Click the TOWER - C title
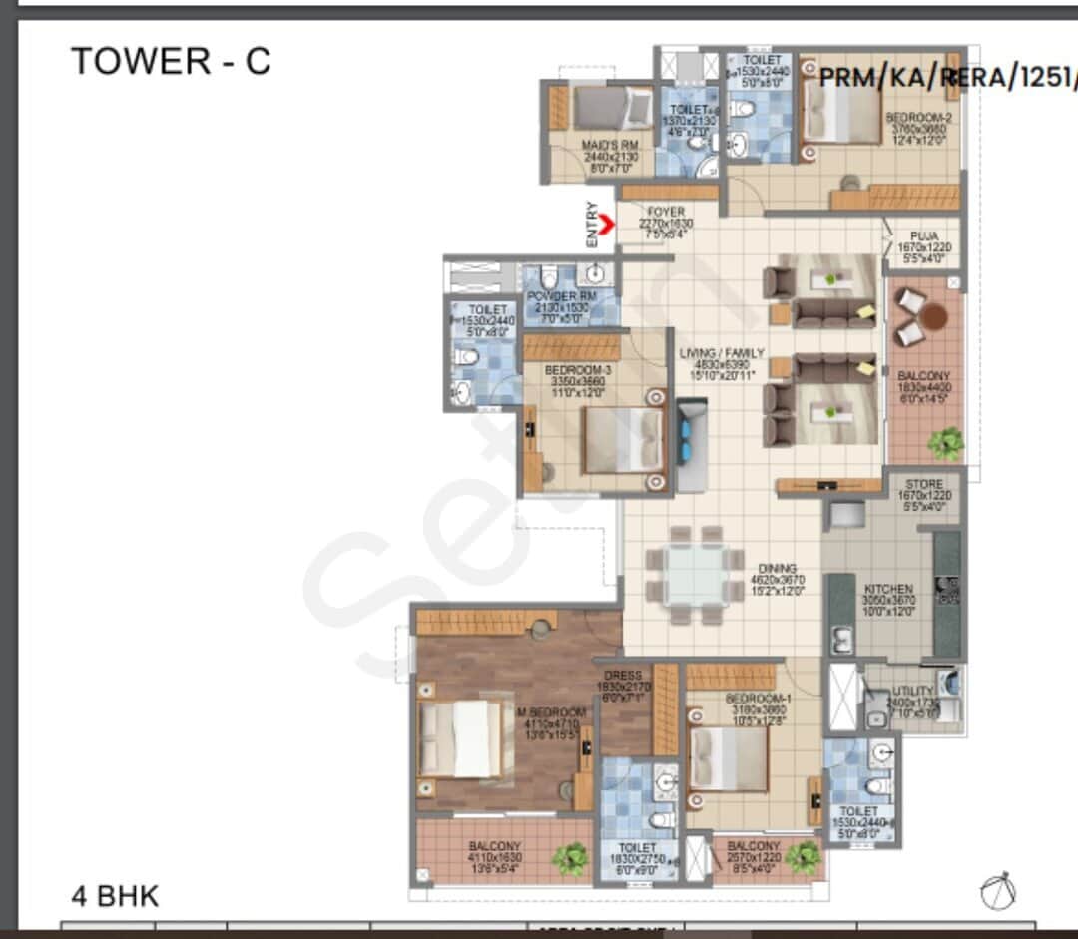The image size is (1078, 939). point(171,62)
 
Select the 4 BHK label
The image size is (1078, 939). point(115,895)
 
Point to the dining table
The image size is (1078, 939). point(695,575)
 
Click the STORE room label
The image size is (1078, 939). point(924,484)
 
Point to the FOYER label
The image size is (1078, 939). point(666,212)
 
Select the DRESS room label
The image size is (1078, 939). point(623,676)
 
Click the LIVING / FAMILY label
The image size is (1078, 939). point(722,353)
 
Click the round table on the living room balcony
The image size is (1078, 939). point(933,317)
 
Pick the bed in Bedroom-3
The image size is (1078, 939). point(622,440)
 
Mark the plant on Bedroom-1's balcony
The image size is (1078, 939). point(802,856)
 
